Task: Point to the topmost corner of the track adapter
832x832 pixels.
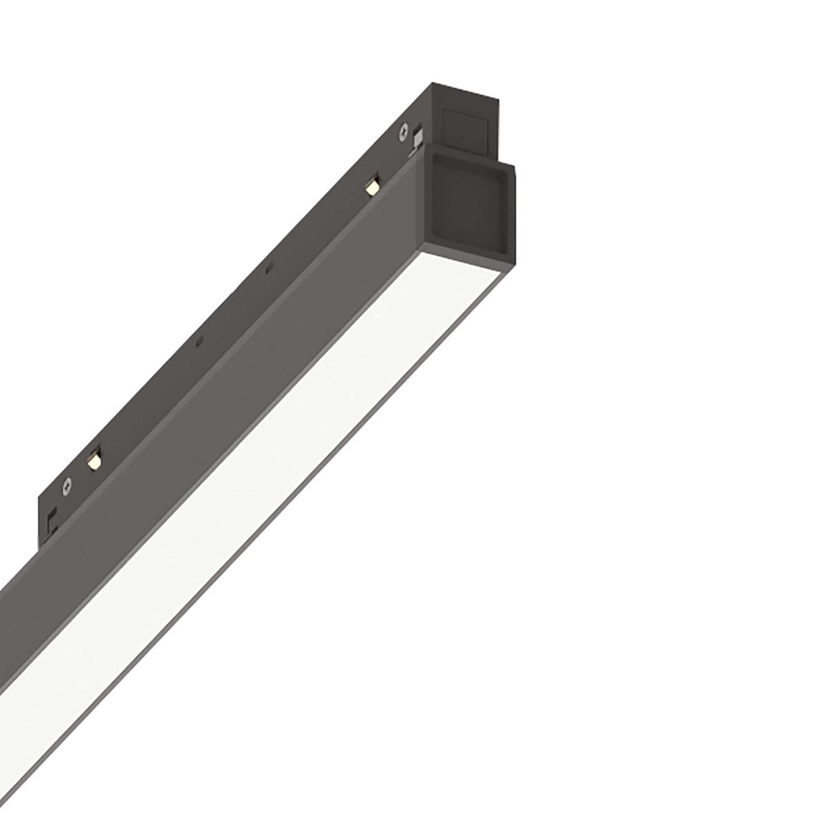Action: coord(435,82)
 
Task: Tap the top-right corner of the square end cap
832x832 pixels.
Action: coord(514,164)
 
